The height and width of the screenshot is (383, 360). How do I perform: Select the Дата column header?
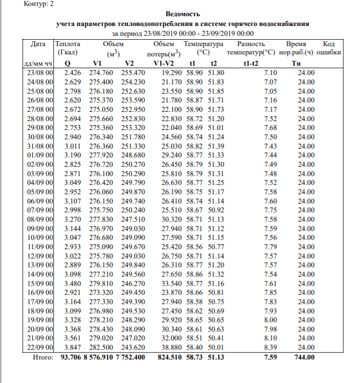(38, 44)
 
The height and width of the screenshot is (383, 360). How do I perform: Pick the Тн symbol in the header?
(296, 63)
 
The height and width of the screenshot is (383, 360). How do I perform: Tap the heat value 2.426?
(72, 73)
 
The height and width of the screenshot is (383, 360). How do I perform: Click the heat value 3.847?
(72, 347)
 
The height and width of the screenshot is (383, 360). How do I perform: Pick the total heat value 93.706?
(71, 357)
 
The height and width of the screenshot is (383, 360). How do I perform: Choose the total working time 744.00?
(305, 357)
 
